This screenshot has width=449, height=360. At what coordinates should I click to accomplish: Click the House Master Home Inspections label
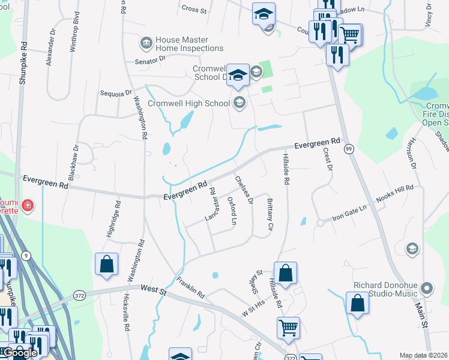[189, 44]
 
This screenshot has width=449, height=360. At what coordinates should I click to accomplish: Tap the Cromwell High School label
[189, 103]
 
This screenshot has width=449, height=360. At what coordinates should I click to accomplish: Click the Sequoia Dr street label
[115, 93]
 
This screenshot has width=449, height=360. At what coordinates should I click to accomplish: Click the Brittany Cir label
[270, 215]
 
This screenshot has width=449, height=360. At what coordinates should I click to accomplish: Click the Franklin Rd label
[191, 287]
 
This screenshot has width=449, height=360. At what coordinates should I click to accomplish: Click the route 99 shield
[349, 148]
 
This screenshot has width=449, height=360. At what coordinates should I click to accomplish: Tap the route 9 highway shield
[26, 256]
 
